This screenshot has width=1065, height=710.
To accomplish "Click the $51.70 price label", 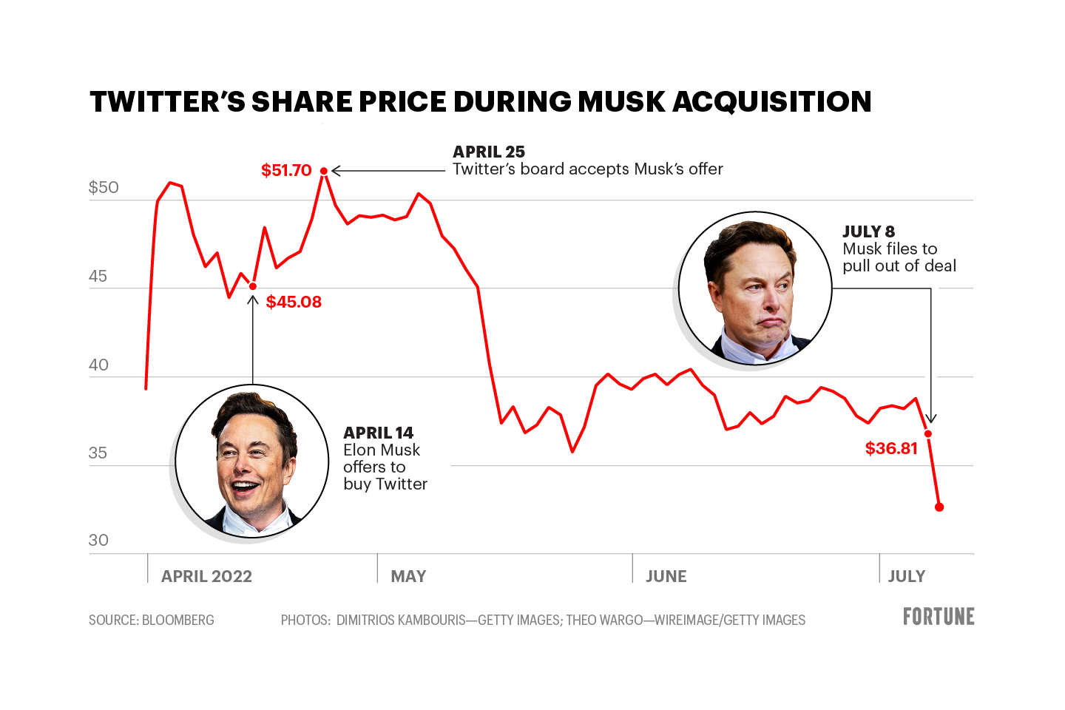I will (286, 171).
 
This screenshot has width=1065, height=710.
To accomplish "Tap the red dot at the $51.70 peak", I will (324, 171).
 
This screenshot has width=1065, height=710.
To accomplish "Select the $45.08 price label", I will (294, 302).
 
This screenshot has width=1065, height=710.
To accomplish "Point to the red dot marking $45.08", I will (253, 286).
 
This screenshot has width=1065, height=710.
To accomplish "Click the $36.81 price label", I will (891, 448).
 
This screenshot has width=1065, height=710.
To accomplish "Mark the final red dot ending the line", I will (939, 507).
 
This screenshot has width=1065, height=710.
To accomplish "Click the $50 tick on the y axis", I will (104, 187).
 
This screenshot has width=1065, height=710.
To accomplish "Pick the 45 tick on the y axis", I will (98, 277).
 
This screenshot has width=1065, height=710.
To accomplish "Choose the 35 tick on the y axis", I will (98, 453).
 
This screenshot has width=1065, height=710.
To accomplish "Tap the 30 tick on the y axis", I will (98, 541).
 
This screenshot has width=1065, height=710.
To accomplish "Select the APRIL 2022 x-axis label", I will (206, 576).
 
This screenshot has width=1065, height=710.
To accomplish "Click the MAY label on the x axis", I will (408, 576).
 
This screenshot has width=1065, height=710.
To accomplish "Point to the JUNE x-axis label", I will (666, 576).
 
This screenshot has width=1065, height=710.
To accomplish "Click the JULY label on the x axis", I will (906, 576).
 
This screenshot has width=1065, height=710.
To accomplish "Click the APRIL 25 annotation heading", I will (489, 152).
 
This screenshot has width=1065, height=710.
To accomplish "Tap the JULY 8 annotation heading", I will (868, 231).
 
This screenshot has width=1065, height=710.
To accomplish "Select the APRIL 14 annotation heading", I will (378, 433).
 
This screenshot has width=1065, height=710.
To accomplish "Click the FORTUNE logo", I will (939, 616).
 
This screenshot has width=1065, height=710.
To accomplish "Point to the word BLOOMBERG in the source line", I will (177, 620).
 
